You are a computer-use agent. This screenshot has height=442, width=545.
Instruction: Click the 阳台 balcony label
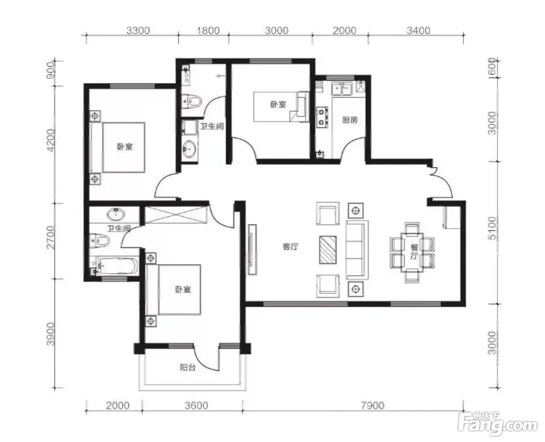click(x=188, y=368)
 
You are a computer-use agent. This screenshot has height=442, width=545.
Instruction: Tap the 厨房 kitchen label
click(x=350, y=120)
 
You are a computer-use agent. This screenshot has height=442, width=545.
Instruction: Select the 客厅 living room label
click(x=290, y=247)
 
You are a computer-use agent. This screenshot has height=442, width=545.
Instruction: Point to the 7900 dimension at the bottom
click(x=373, y=405)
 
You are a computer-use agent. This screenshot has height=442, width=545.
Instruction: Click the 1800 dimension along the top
click(x=208, y=31)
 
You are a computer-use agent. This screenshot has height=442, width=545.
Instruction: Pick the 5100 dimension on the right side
click(x=492, y=228)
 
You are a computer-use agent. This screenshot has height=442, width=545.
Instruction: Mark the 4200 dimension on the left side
click(x=51, y=140)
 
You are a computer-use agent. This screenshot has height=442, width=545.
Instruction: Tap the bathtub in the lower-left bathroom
click(x=117, y=266)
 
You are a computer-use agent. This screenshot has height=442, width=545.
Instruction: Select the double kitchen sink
click(x=342, y=89)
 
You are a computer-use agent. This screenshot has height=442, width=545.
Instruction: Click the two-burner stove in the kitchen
click(x=322, y=117)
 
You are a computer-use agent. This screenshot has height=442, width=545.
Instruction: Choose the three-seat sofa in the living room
click(x=357, y=250)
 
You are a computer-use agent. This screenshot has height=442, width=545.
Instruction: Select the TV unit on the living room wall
click(x=252, y=250)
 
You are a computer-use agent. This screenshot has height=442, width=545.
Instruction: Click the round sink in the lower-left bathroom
click(x=116, y=214)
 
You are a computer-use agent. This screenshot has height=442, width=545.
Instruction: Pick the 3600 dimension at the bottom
click(x=196, y=405)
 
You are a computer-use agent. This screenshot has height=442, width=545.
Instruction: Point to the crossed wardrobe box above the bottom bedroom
click(x=176, y=214)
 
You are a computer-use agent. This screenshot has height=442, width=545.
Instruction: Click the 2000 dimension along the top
click(x=344, y=31)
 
